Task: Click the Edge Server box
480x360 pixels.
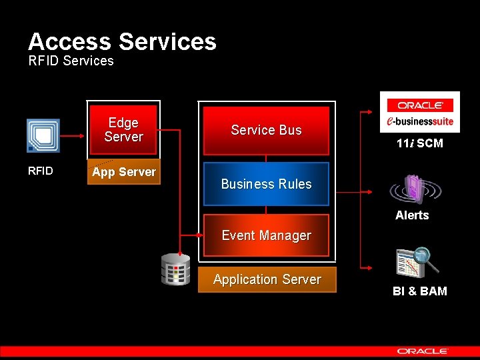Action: pyautogui.click(x=123, y=130)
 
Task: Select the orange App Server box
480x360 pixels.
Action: pyautogui.click(x=124, y=172)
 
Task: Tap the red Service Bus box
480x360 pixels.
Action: pyautogui.click(x=266, y=131)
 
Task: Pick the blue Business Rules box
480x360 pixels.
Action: pyautogui.click(x=266, y=184)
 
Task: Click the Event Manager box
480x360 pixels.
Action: pyautogui.click(x=266, y=235)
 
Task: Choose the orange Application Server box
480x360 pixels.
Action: pyautogui.click(x=267, y=280)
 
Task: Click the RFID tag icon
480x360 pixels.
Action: pyautogui.click(x=43, y=136)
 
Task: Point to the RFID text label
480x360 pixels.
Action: pyautogui.click(x=41, y=171)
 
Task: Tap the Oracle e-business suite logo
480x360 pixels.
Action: pyautogui.click(x=420, y=112)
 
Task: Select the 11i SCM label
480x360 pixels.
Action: pyautogui.click(x=420, y=143)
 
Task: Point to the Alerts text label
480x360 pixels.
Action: pyautogui.click(x=412, y=215)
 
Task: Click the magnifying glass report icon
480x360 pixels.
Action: pyautogui.click(x=417, y=261)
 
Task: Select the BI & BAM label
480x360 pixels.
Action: pyautogui.click(x=420, y=291)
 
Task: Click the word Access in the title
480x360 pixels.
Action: pyautogui.click(x=70, y=42)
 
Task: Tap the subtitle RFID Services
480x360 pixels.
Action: pyautogui.click(x=71, y=61)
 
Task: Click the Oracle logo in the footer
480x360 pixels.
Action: pyautogui.click(x=423, y=351)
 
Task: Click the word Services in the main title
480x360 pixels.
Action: pyautogui.click(x=167, y=42)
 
